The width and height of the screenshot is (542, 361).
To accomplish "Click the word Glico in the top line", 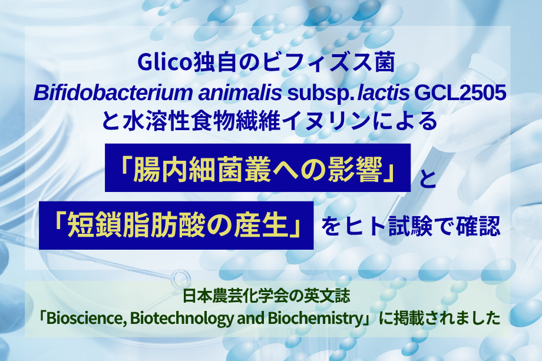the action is [x=165, y=62].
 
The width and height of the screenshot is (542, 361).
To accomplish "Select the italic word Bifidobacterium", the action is [x=113, y=93].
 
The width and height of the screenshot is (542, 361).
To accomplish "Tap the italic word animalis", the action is [x=240, y=93].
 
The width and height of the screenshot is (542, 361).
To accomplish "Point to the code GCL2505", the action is [x=460, y=92].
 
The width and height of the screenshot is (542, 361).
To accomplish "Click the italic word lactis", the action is [x=383, y=93].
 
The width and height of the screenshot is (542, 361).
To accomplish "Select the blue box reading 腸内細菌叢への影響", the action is [x=257, y=168].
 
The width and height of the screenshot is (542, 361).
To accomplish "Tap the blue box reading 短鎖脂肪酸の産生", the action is [x=176, y=225].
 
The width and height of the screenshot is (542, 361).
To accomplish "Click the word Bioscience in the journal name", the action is [x=84, y=318].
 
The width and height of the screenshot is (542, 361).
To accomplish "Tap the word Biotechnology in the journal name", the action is [x=182, y=319].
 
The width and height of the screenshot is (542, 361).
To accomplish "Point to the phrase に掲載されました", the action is [x=439, y=318].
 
